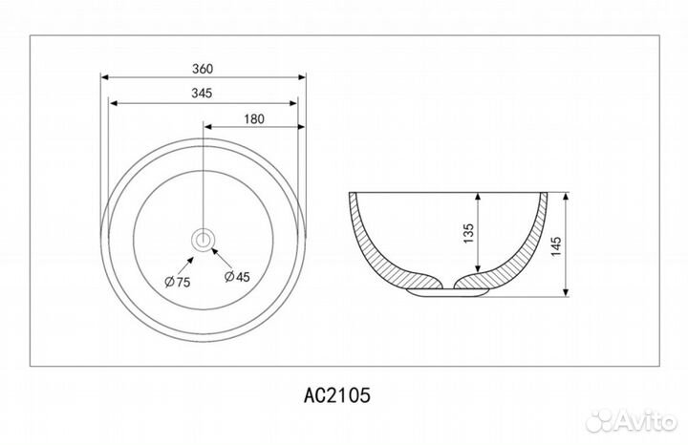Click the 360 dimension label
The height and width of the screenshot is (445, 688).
click(203, 69)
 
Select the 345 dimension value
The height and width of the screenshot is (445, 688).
click(202, 94)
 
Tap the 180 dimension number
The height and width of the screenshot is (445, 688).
click(254, 118)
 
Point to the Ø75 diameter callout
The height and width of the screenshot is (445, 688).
click(178, 282)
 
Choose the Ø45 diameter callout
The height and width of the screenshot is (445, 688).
click(237, 277)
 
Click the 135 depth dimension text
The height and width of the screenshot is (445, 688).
click(468, 234)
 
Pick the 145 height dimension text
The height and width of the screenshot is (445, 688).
click(556, 246)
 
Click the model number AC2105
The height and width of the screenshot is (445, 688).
click(337, 395)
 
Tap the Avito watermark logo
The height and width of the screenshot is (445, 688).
click(631, 421)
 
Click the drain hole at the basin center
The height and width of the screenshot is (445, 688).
click(204, 240)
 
